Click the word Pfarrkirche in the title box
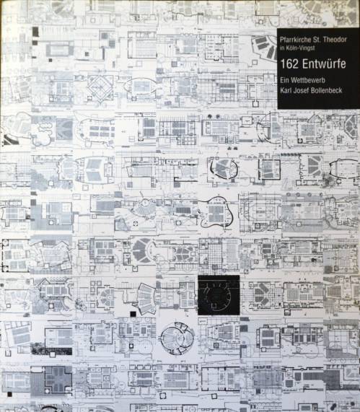click(x=295, y=40)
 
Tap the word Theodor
click(x=334, y=40)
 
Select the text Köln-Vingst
click(x=300, y=48)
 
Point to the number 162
click(x=289, y=64)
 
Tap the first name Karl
click(x=286, y=91)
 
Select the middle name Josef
click(x=301, y=91)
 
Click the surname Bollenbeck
click(x=327, y=91)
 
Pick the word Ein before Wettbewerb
click(x=284, y=80)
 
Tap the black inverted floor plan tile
click(x=219, y=295)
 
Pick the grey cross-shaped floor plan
click(x=58, y=380)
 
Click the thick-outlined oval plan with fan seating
click(x=224, y=168)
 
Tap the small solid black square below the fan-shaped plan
click(x=133, y=314)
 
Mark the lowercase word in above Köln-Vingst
click(x=281, y=48)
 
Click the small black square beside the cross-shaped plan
click(x=10, y=394)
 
